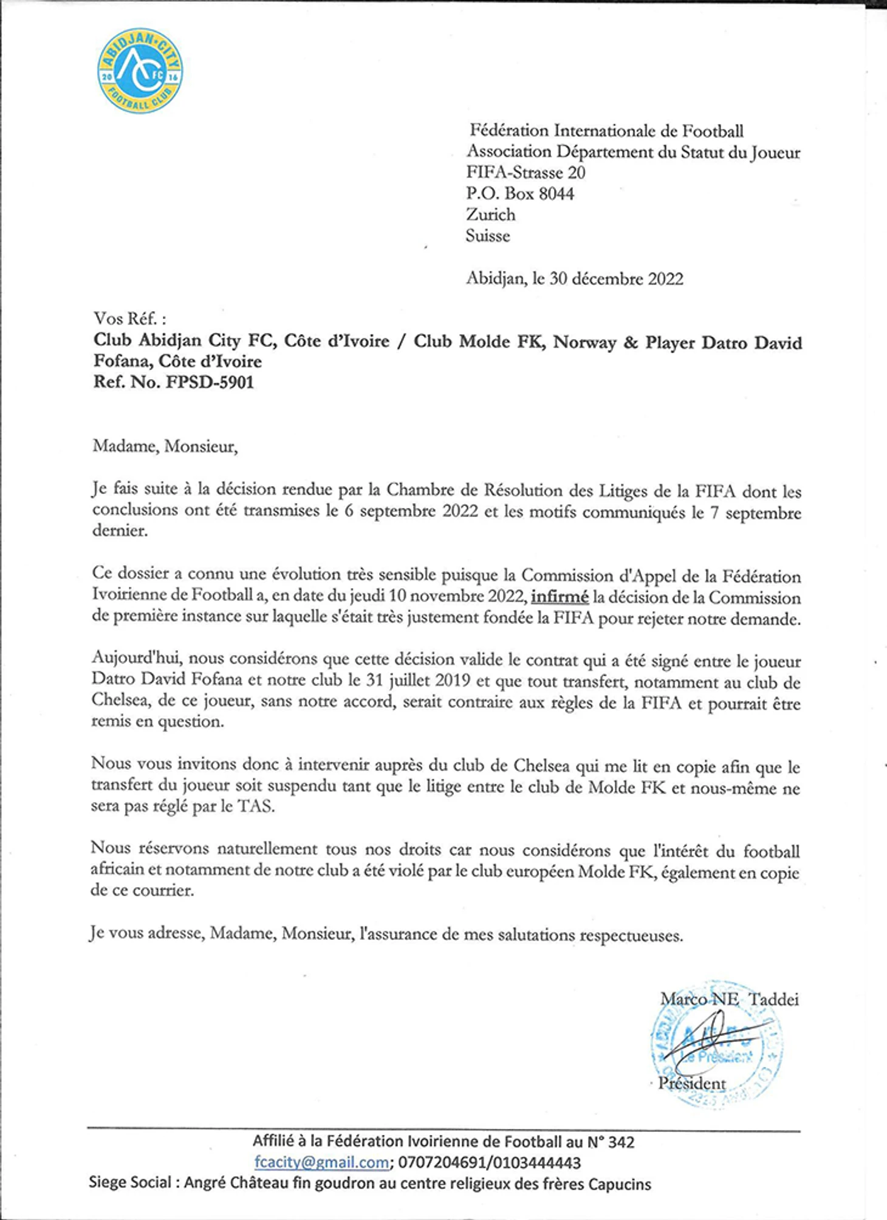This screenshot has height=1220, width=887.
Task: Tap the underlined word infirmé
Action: tap(560, 597)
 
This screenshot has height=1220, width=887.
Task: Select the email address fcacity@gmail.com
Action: tap(322, 1162)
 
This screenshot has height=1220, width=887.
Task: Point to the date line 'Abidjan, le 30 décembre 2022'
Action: tap(575, 279)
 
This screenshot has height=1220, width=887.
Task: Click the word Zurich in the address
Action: tap(490, 214)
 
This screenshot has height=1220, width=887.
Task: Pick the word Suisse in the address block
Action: tap(488, 236)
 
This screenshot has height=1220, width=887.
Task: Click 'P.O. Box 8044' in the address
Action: tap(520, 194)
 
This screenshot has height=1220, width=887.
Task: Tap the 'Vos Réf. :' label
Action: tap(129, 318)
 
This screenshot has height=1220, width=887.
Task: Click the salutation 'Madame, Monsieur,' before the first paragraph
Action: tap(165, 447)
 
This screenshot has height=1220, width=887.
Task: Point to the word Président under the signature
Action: tap(693, 1083)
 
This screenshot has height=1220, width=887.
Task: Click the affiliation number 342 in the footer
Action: tap(620, 1142)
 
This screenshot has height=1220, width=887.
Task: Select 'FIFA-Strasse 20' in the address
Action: tap(526, 173)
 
